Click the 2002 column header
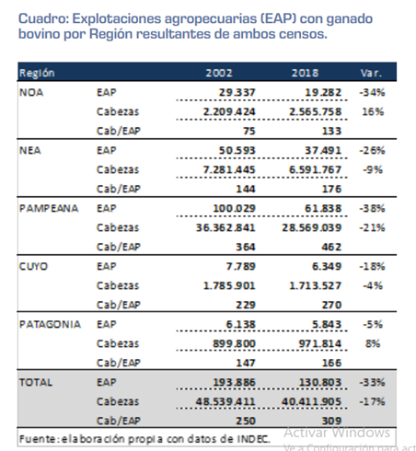tap(219, 73)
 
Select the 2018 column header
tap(305, 73)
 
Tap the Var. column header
tap(371, 73)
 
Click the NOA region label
tap(31, 92)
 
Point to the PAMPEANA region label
tap(49, 208)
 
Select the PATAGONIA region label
tap(50, 324)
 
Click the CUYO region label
tap(33, 266)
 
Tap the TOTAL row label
tap(36, 382)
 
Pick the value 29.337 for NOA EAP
tap(237, 92)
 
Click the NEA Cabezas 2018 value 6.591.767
tap(315, 169)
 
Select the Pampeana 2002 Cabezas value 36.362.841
tap(225, 227)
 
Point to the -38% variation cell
tap(372, 208)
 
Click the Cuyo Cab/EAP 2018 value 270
tap(331, 305)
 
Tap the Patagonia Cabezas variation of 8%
tap(373, 343)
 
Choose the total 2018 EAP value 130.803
tap(320, 382)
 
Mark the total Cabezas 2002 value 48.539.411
tap(225, 401)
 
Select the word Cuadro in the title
tap(44, 18)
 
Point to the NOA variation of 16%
tap(373, 111)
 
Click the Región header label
tap(37, 73)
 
